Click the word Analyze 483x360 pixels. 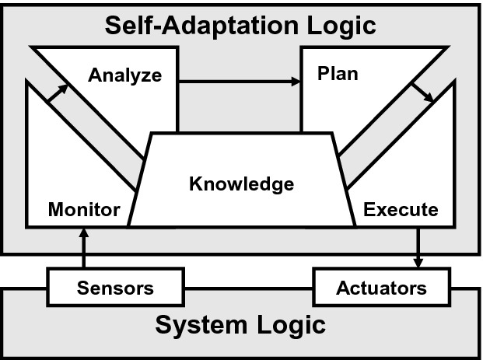tap(124, 75)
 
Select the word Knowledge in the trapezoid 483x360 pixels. tap(242, 184)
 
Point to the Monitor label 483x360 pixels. tap(84, 209)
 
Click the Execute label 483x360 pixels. tap(401, 209)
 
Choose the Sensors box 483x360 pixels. tap(115, 288)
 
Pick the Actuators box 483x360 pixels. tap(381, 288)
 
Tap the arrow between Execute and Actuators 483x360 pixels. tap(419, 247)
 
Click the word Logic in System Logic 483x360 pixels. tap(291, 324)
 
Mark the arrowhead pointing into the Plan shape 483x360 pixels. tap(296, 81)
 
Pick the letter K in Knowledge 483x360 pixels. tap(195, 184)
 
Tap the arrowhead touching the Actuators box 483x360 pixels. tap(419, 262)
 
